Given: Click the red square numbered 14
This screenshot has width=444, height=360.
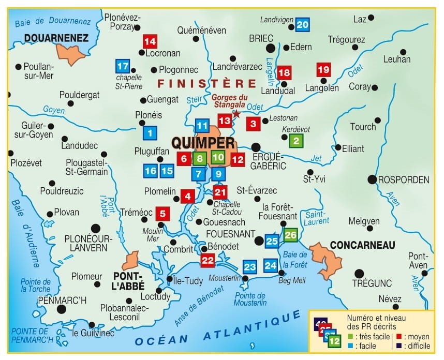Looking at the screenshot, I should pos(150,41).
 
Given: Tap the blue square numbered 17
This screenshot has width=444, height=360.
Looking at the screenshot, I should pos(122,66).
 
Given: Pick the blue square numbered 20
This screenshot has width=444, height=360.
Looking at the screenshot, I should pos(303,24).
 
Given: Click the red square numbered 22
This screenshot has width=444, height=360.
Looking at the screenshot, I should pos(208,260).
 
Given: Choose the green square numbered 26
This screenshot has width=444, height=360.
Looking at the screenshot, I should pos(291,235).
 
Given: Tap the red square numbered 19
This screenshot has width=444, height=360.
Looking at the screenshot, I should pos(323,69).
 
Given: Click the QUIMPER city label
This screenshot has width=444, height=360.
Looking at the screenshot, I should pos(203,142).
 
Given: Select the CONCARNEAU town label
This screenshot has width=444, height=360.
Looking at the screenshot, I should pos(362,245).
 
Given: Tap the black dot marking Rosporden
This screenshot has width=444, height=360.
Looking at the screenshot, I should pos(372,179).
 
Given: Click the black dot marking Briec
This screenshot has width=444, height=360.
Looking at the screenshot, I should pos(270,48).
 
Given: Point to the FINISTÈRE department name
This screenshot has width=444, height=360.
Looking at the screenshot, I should pos(207,84).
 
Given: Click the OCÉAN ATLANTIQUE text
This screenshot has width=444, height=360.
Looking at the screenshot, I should pos(217,331).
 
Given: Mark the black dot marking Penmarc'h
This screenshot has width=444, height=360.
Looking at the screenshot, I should pos(62,309).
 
